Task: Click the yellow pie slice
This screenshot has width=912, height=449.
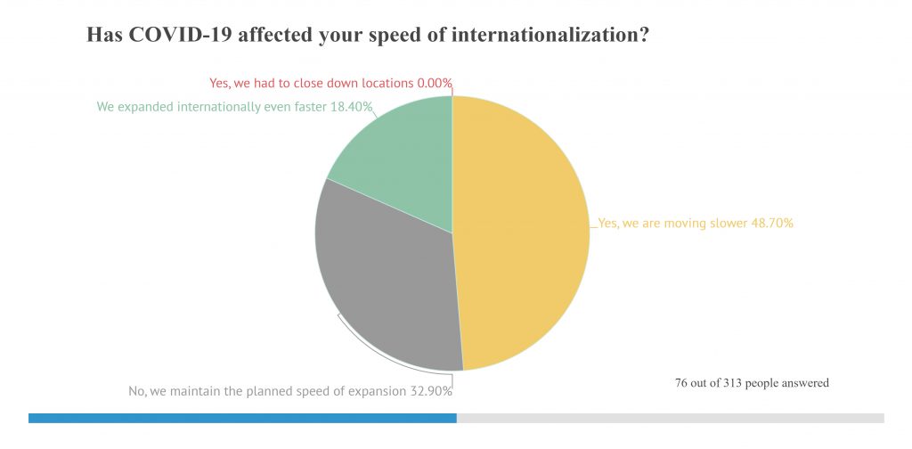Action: pos(521,232)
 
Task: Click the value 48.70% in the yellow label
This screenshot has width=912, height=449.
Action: pos(769,223)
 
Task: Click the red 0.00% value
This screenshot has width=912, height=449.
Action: pos(434,83)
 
